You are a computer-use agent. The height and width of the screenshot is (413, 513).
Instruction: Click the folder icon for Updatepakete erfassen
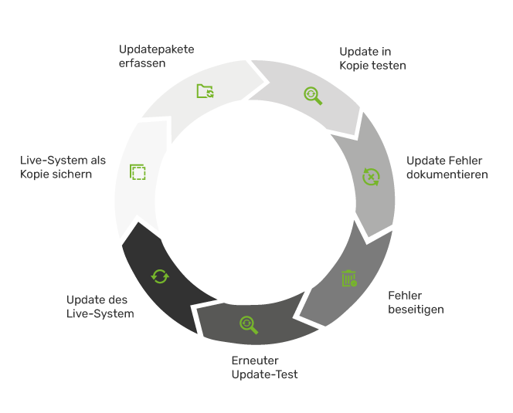click(205, 91)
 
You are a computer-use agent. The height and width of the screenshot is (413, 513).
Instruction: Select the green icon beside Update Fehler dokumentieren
click(372, 177)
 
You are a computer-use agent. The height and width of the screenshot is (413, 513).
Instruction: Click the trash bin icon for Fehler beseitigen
click(349, 279)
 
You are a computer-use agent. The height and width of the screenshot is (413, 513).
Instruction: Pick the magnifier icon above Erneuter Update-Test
click(248, 325)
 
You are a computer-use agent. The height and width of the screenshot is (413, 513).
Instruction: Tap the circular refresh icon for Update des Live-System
click(160, 276)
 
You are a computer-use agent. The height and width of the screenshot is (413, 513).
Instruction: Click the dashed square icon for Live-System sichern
click(138, 172)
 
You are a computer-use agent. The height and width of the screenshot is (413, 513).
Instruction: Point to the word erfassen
click(142, 63)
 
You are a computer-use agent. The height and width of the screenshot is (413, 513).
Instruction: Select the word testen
click(389, 66)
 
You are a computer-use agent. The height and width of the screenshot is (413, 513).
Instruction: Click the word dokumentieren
click(447, 174)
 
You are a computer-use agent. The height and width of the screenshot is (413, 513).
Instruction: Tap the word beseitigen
click(416, 310)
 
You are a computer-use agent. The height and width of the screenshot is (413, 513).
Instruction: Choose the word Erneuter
click(255, 361)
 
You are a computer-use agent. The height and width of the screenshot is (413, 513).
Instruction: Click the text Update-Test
click(264, 374)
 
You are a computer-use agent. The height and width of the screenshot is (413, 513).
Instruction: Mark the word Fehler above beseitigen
click(405, 296)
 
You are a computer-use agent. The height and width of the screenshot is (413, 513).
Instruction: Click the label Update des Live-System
click(100, 306)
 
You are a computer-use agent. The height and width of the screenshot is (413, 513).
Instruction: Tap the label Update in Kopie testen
click(372, 59)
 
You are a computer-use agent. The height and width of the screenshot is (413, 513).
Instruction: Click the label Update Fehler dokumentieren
click(447, 168)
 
